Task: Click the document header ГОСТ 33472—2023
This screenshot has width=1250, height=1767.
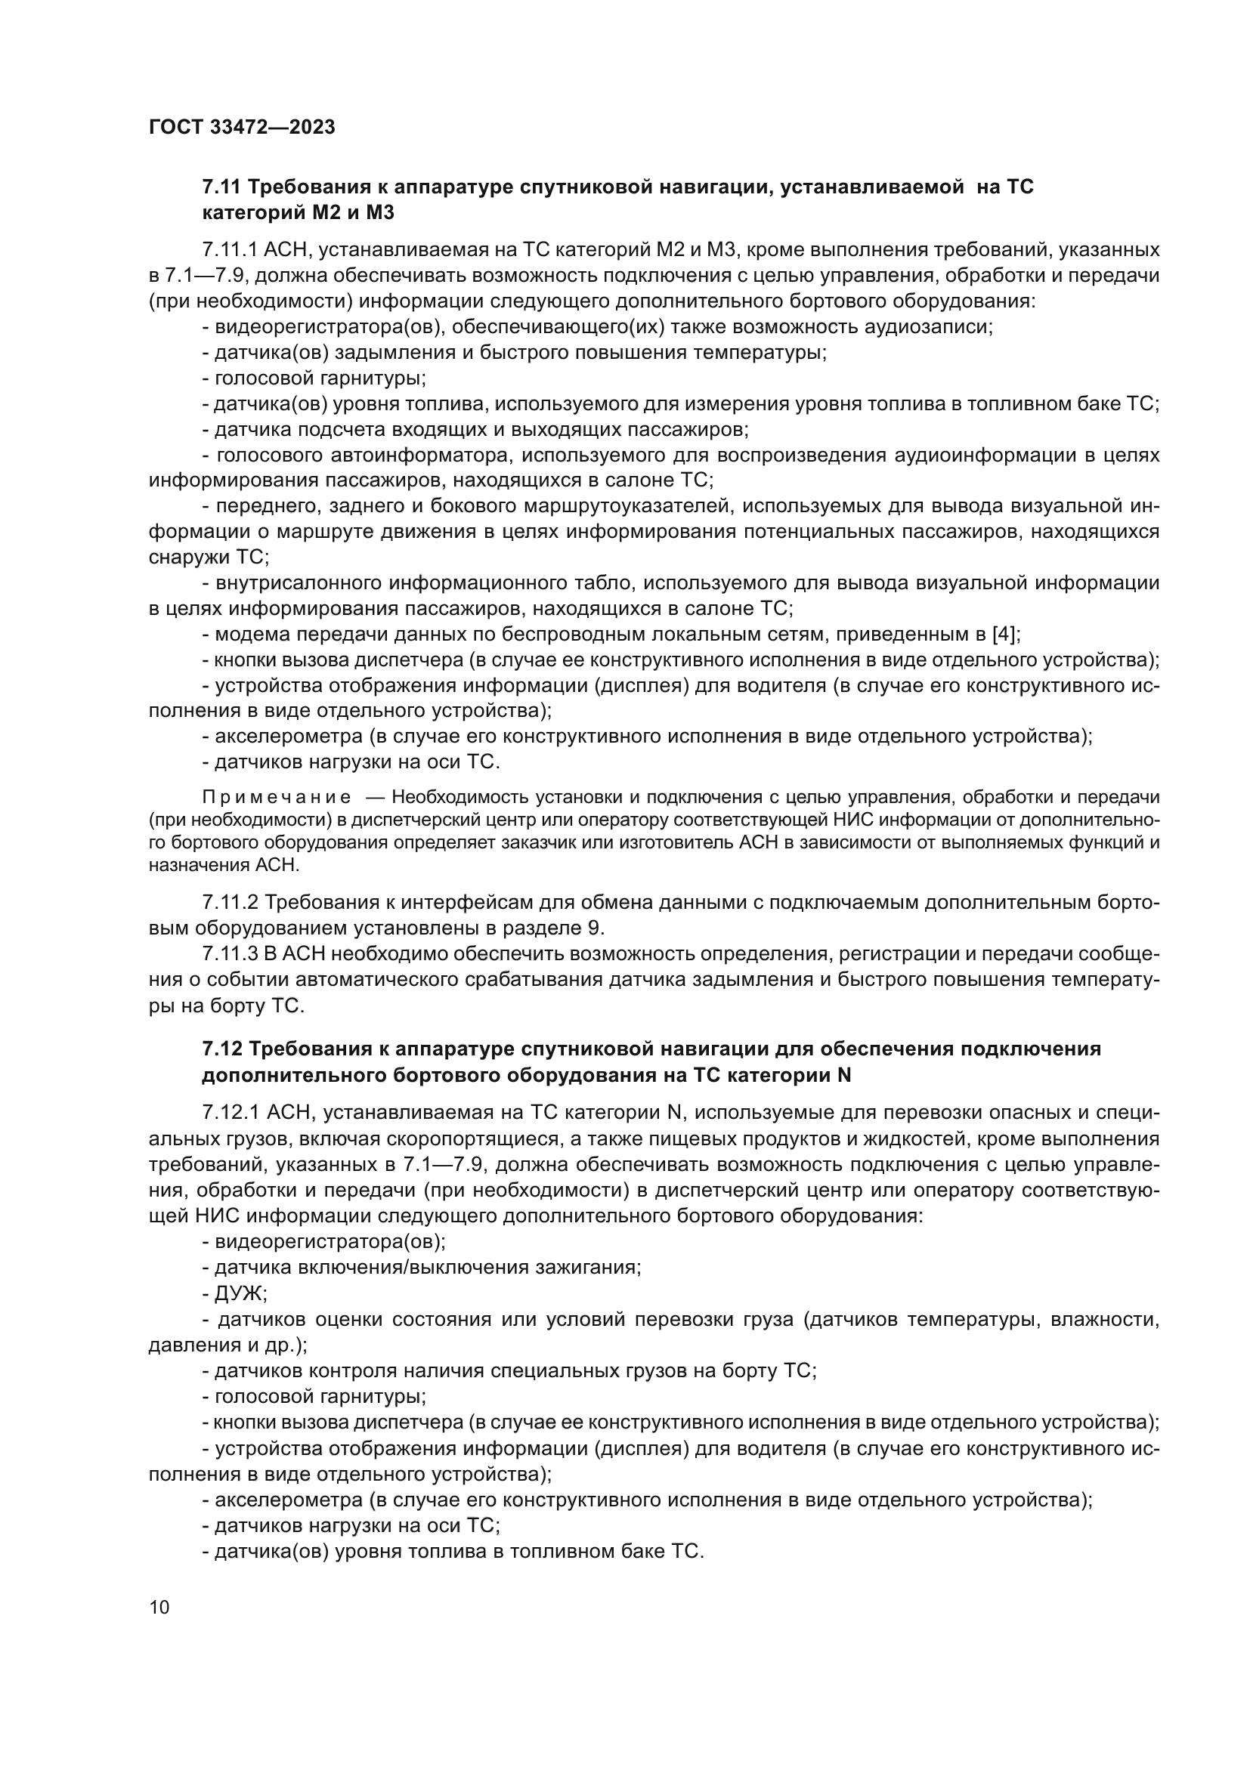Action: pyautogui.click(x=242, y=128)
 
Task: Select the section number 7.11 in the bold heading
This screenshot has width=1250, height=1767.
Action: pyautogui.click(x=221, y=187)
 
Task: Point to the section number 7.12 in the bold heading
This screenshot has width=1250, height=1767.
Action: pyautogui.click(x=221, y=1049)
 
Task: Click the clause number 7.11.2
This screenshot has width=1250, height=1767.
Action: pyautogui.click(x=231, y=902)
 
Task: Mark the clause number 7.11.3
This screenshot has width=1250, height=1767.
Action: pyautogui.click(x=231, y=954)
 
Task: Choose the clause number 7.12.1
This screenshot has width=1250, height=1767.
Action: pyautogui.click(x=231, y=1113)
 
